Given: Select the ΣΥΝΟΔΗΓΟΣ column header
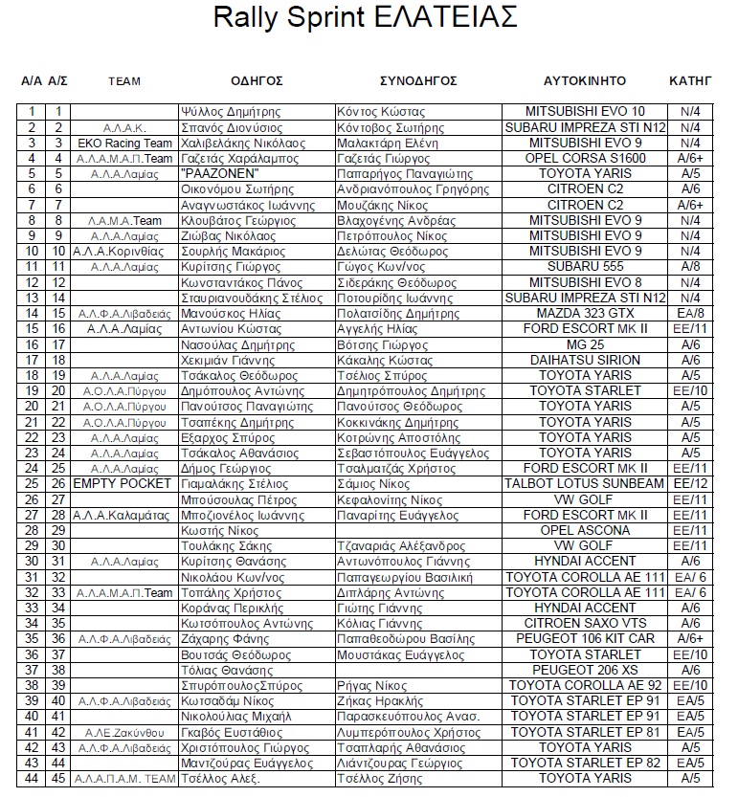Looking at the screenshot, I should pos(418,80).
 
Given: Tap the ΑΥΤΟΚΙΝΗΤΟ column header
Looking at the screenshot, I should pos(584,80).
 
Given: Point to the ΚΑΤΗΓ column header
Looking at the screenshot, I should pos(690,80).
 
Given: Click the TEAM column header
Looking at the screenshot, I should pos(124,81).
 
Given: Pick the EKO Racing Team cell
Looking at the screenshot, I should pos(124,143).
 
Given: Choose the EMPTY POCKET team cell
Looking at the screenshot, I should pos(124,483).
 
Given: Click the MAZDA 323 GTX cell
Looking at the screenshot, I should pos(585,313).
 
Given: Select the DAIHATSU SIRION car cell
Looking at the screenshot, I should pos(585,360).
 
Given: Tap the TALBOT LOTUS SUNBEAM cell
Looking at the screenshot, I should pos(585,483).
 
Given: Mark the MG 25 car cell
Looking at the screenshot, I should pos(585,344).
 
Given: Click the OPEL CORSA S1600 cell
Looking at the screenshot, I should pos(585,158).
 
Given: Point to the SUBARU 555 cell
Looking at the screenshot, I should pos(585,267).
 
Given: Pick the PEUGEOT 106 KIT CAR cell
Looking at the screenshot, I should pos(585,638).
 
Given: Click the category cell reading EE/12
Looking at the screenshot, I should pos(690,483).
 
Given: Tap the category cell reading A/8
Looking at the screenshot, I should pos(690,267).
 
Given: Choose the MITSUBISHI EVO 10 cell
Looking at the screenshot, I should pos(585,112).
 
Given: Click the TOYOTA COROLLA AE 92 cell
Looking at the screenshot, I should pos(585,685).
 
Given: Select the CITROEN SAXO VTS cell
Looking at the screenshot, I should pos(585,623).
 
